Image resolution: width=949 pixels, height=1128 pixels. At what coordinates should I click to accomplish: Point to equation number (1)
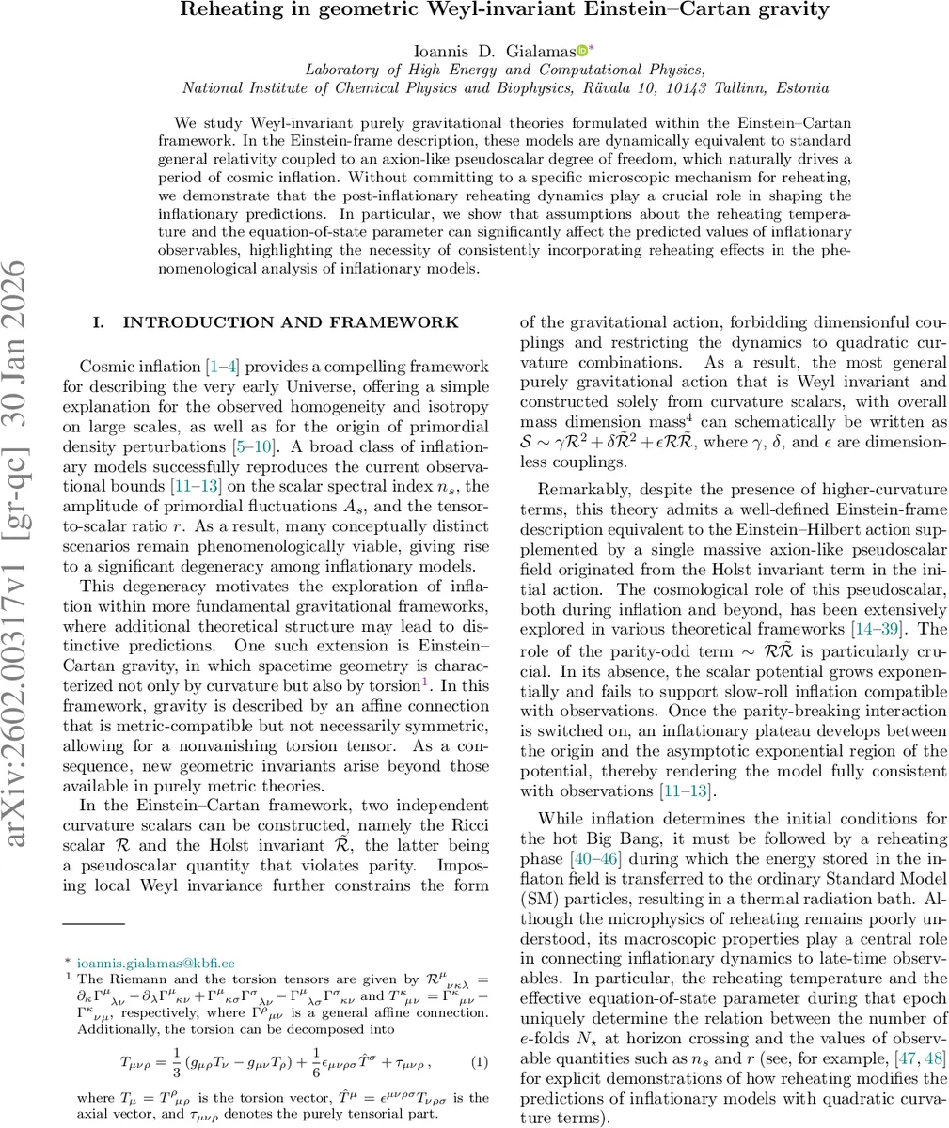coord(480,1062)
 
